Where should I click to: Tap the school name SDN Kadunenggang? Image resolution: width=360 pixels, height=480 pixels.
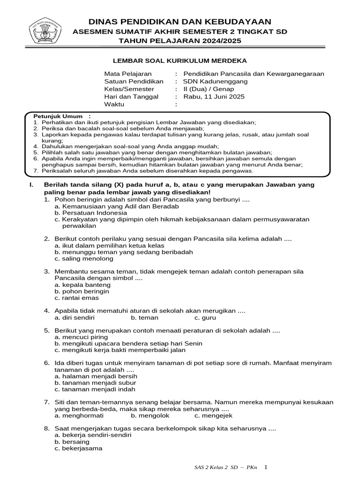pos(215,82)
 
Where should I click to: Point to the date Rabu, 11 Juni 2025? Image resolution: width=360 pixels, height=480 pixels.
pos(214,97)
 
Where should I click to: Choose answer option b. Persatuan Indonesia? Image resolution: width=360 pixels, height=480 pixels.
pos(88,212)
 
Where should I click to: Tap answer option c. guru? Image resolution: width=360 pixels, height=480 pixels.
pos(205,317)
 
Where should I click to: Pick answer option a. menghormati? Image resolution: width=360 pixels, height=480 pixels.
pos(79,415)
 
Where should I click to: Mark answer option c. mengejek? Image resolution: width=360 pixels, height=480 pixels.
pos(213,415)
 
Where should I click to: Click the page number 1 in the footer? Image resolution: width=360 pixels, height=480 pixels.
pos(265,467)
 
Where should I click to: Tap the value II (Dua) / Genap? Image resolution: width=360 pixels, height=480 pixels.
pos(209,89)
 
